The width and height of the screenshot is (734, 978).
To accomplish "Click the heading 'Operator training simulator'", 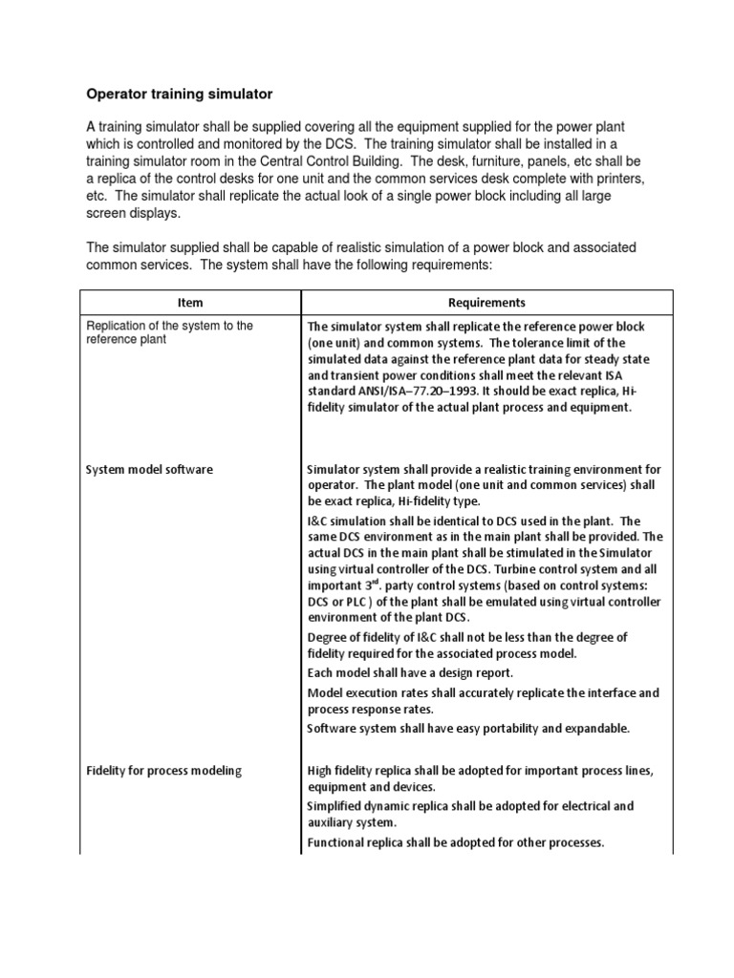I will click(180, 95).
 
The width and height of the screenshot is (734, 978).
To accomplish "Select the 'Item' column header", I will click(190, 303).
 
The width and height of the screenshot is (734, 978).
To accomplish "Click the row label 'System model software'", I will click(149, 470).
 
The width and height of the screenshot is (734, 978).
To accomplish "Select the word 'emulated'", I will click(499, 602).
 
